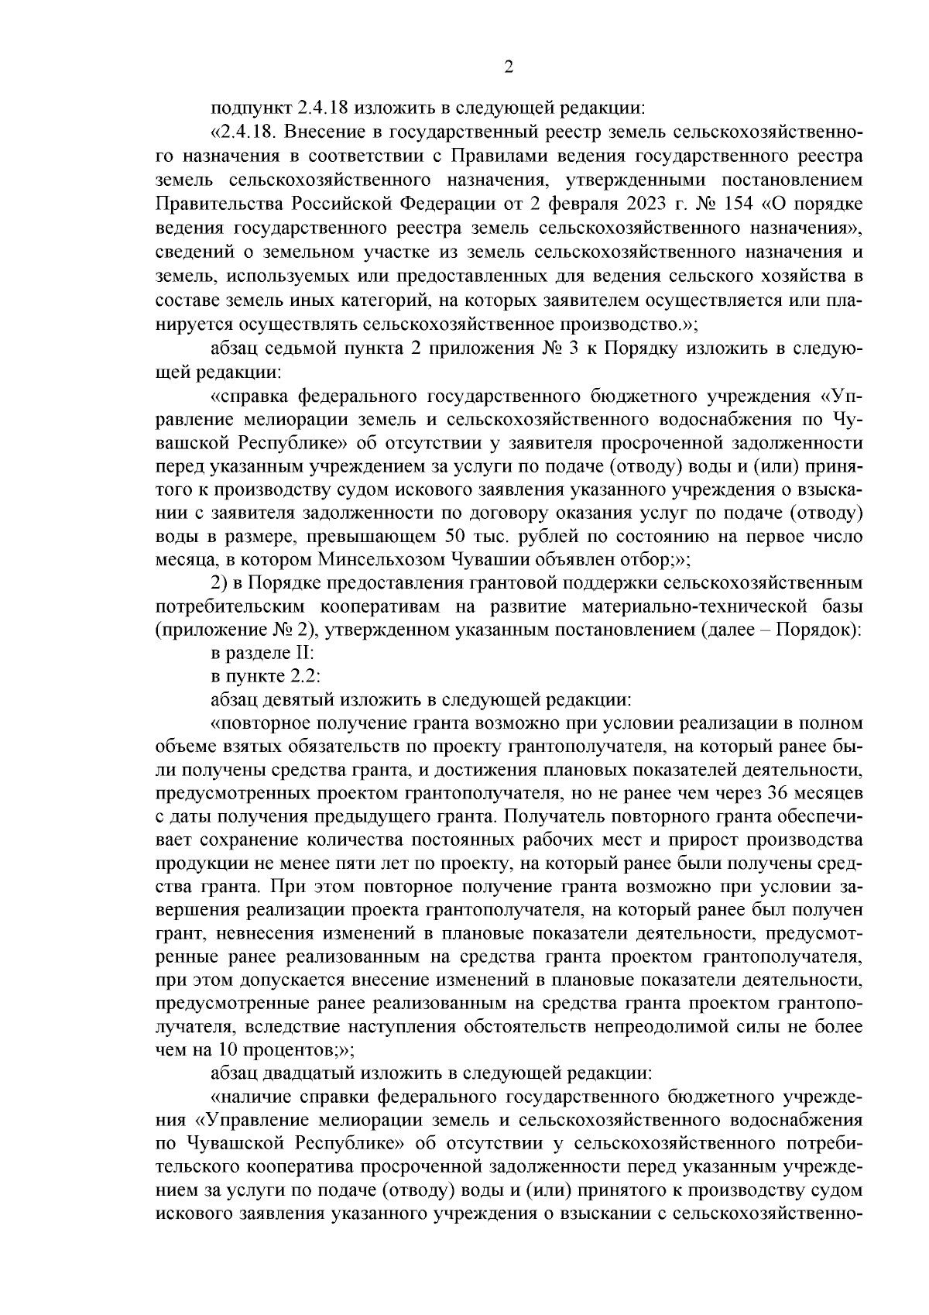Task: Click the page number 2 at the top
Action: pyautogui.click(x=509, y=67)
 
